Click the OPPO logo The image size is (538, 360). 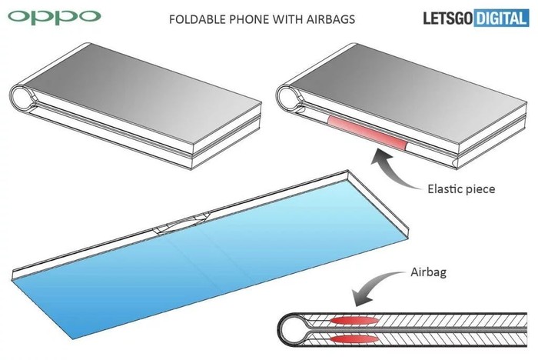(x=51, y=15)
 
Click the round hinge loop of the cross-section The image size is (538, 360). (x=292, y=330)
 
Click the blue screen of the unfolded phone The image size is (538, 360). (x=192, y=262)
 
